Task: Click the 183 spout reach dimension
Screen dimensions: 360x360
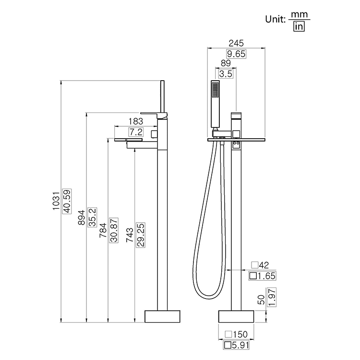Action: pos(136,122)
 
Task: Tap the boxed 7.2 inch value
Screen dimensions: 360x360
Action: pos(136,132)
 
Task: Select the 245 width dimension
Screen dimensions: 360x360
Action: pos(236,44)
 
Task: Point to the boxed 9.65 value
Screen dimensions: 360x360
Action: pos(236,54)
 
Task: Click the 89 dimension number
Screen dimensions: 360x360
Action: pos(226,63)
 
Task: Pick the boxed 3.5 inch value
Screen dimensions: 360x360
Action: pos(226,74)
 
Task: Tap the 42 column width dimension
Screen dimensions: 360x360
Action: pos(263,265)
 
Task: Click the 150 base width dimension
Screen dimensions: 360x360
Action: pos(239,334)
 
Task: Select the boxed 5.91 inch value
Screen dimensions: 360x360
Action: pos(239,345)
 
